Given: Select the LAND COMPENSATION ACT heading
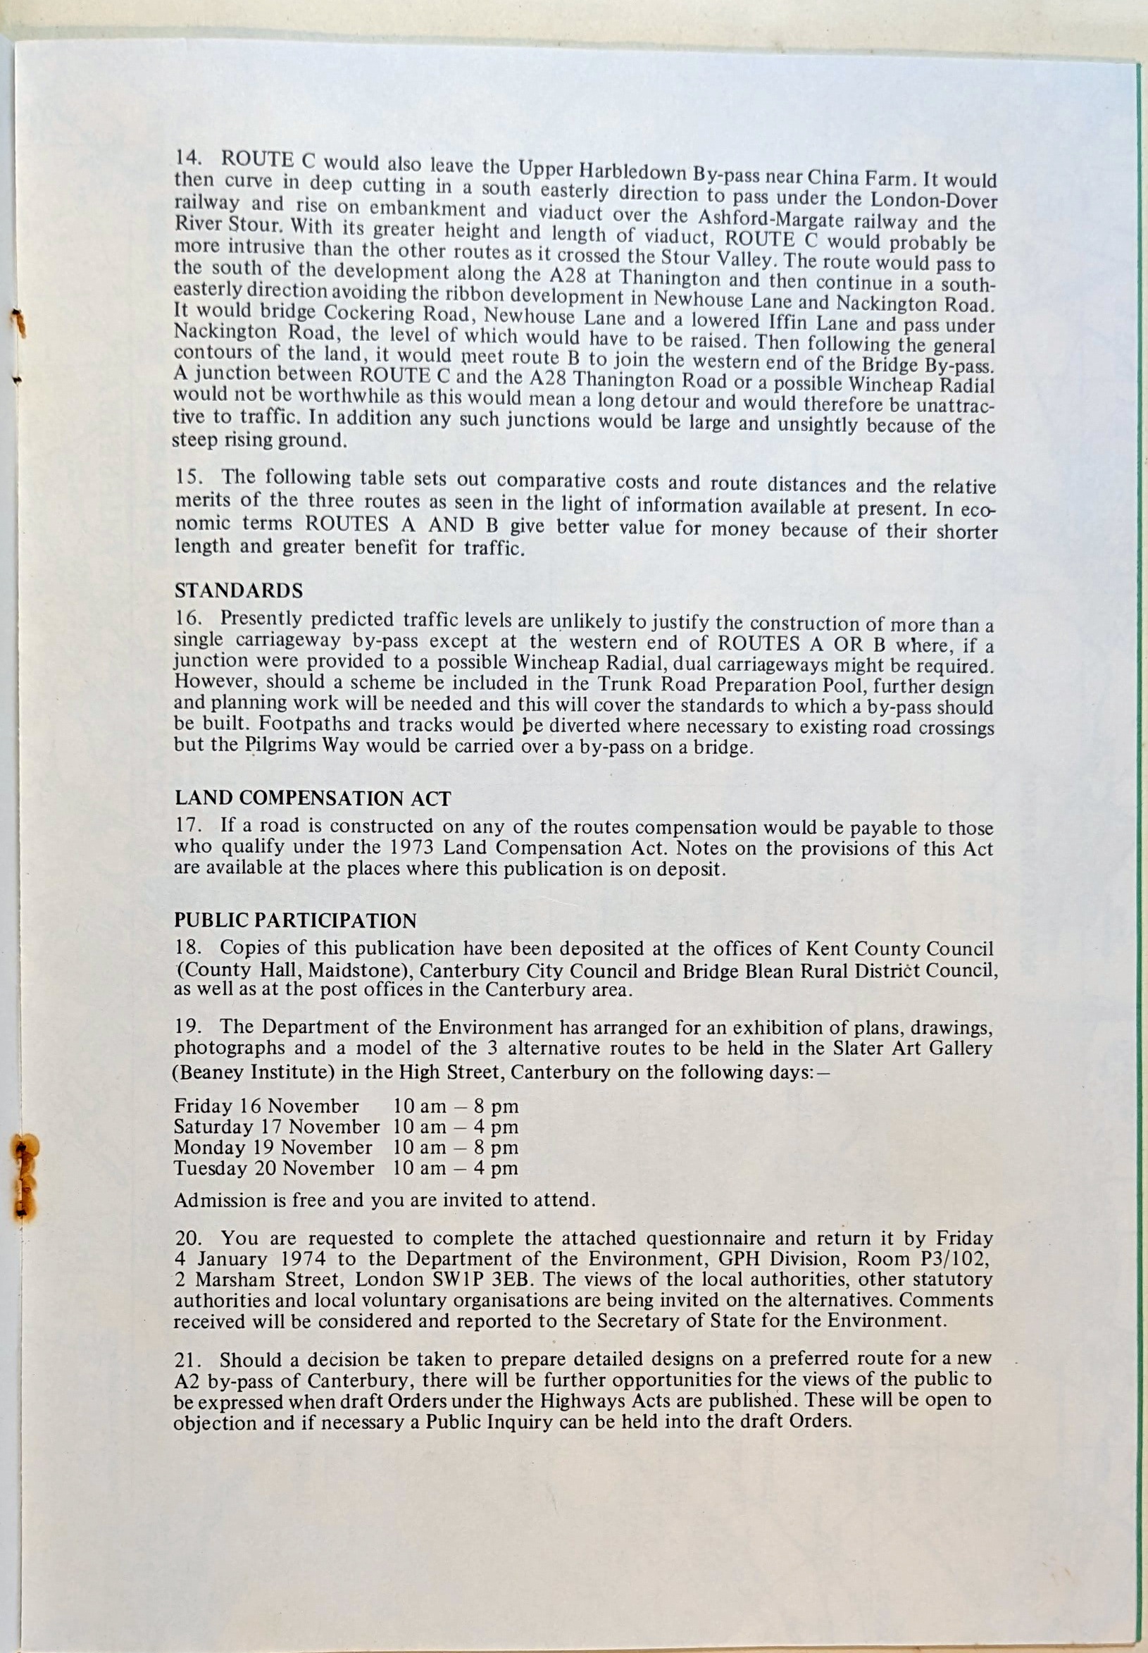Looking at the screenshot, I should pyautogui.click(x=312, y=799).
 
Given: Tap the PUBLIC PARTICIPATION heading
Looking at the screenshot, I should pyautogui.click(x=295, y=920).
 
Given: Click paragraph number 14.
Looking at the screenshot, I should pyautogui.click(x=187, y=158).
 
